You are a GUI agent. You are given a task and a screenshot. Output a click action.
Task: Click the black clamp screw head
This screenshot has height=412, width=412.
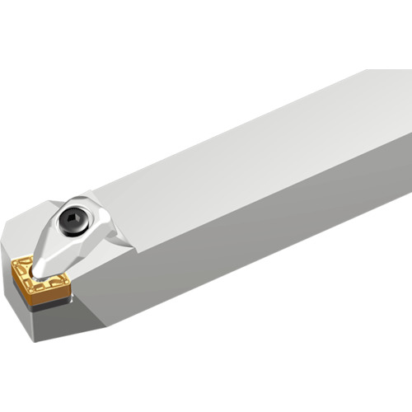(x=73, y=218)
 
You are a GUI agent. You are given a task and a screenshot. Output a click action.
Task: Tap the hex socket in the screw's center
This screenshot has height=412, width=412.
(x=73, y=218)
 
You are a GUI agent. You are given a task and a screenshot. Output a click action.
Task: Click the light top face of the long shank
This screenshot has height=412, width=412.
(x=247, y=140)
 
